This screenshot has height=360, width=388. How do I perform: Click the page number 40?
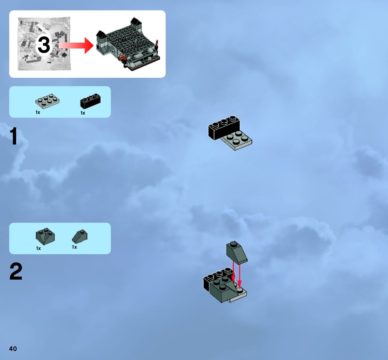click(x=13, y=349)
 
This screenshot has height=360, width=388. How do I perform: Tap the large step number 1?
click(x=14, y=137)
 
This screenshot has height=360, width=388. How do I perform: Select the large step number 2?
click(x=16, y=272)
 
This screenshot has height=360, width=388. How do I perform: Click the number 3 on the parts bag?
click(x=44, y=45)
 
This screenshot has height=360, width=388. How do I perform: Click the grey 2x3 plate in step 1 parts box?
click(x=47, y=101)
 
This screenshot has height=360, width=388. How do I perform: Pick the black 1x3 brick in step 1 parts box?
click(x=90, y=101)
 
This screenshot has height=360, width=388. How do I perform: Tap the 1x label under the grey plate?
click(x=38, y=112)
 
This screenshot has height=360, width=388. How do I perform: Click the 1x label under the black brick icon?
click(x=83, y=113)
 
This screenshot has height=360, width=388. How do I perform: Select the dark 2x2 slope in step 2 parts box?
click(x=45, y=236)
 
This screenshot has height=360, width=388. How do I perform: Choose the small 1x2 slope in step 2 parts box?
click(x=80, y=236)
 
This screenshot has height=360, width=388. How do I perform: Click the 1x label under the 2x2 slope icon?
click(x=38, y=248)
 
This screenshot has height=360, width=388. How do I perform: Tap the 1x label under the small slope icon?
click(x=74, y=247)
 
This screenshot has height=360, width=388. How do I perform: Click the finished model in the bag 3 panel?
click(x=129, y=46)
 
